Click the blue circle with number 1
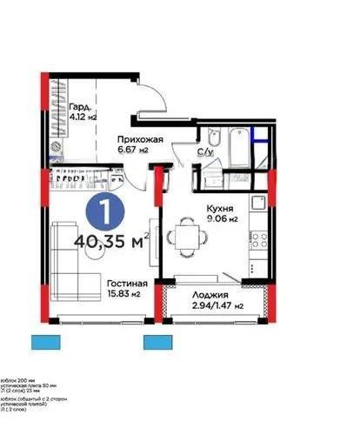[x=104, y=211]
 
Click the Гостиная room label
[x=127, y=284]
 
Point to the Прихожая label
[x=142, y=139]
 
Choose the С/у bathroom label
[x=205, y=153]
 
